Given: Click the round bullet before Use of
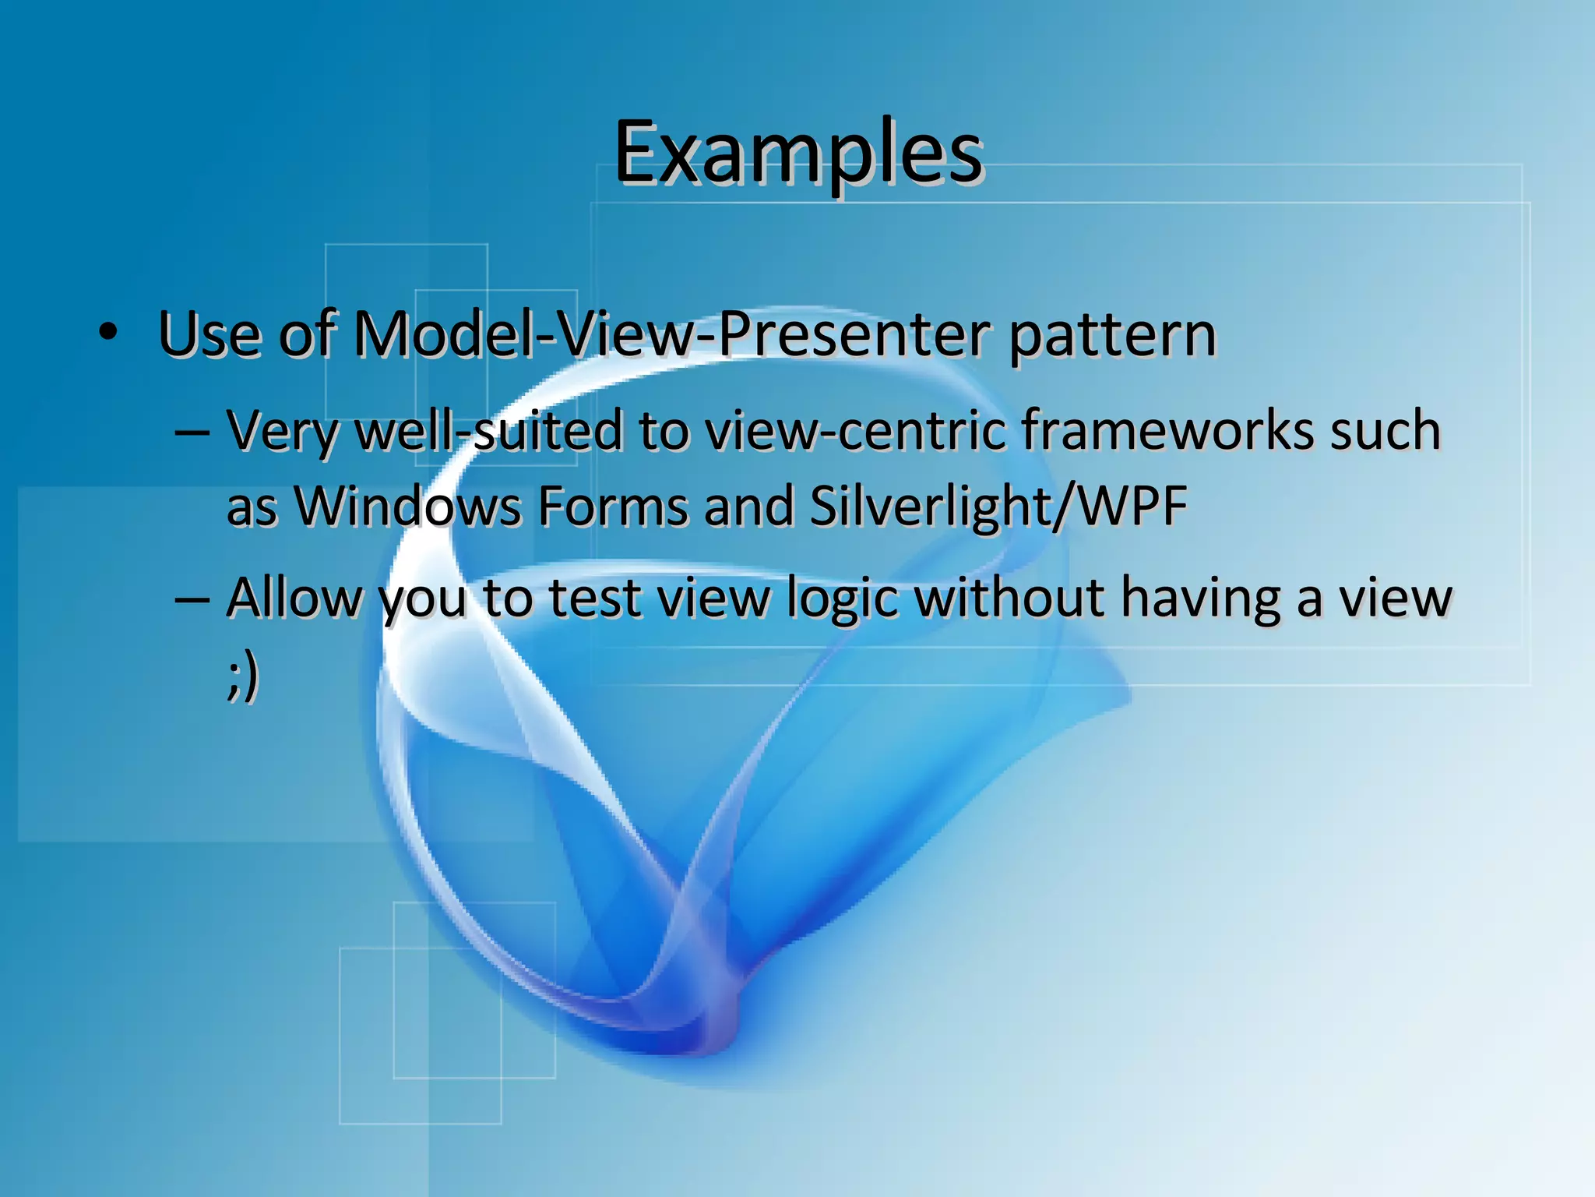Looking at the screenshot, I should (x=108, y=333).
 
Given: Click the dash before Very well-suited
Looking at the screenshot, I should (x=192, y=431).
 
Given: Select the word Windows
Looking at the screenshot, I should (x=408, y=507).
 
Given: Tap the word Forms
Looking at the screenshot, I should (x=613, y=507).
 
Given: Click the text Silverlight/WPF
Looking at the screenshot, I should (x=998, y=507).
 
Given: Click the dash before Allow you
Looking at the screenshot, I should (x=192, y=598).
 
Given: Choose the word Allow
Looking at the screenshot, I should (x=294, y=598).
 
